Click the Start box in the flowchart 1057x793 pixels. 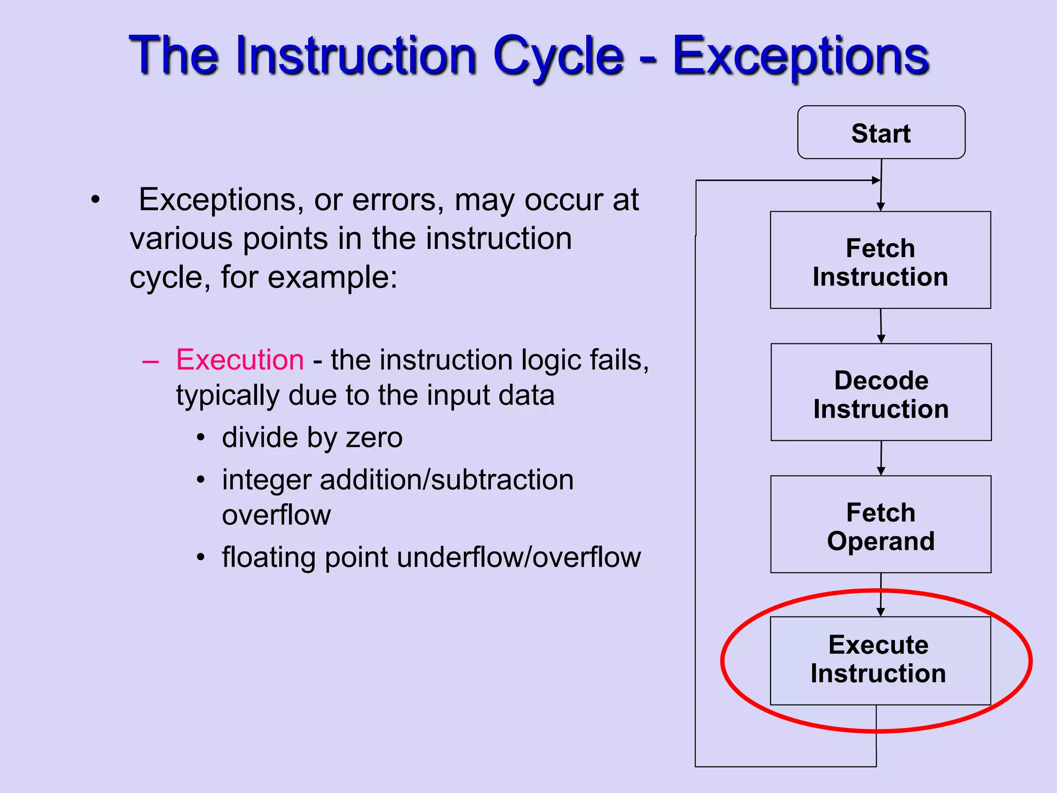pos(881,133)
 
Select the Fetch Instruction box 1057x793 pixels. pos(880,260)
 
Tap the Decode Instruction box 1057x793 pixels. pos(881,392)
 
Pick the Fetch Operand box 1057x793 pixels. pos(880,525)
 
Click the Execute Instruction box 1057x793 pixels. pos(880,660)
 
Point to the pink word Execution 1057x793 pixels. pos(240,360)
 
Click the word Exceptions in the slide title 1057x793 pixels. pos(800,56)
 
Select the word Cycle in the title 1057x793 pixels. pos(558,56)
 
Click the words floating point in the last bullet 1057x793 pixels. pos(305,558)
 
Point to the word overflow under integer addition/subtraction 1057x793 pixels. pos(276,515)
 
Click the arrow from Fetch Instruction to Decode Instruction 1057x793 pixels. pos(881,326)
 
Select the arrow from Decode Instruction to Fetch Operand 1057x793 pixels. pos(881,458)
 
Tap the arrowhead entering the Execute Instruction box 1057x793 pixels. pos(880,612)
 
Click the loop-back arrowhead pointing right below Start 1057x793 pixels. pos(875,180)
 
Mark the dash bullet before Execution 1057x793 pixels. pos(150,361)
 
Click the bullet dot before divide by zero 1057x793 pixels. pos(201,438)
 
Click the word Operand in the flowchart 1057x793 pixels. pos(880,541)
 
